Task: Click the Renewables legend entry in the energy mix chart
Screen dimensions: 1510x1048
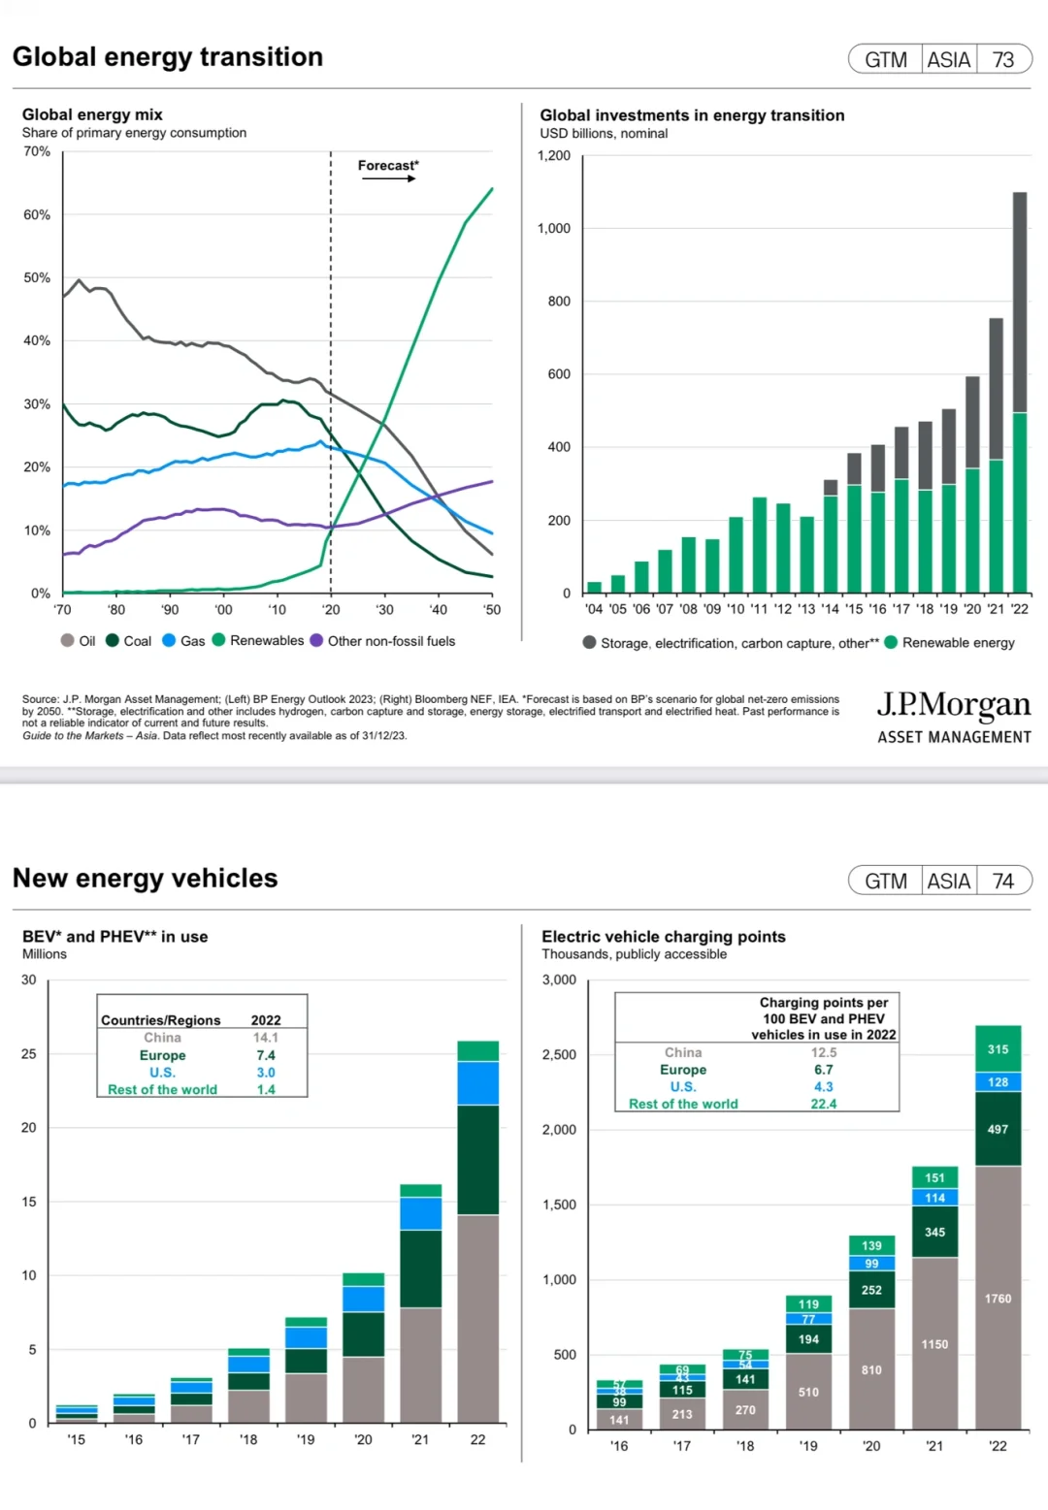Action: pyautogui.click(x=258, y=640)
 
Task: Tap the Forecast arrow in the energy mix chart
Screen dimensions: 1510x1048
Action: pyautogui.click(x=388, y=178)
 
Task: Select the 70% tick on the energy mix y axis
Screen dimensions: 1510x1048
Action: pyautogui.click(x=37, y=151)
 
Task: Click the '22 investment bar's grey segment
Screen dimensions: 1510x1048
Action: pyautogui.click(x=1020, y=303)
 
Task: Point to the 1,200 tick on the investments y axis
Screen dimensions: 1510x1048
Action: pyautogui.click(x=554, y=155)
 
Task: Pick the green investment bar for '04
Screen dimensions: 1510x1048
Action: pyautogui.click(x=594, y=588)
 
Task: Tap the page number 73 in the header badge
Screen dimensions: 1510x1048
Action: pyautogui.click(x=1003, y=60)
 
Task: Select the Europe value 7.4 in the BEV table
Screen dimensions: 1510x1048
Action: pyautogui.click(x=266, y=1055)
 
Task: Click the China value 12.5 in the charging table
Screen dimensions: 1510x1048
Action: pyautogui.click(x=824, y=1052)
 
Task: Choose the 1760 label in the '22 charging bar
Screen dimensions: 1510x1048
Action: pyautogui.click(x=998, y=1299)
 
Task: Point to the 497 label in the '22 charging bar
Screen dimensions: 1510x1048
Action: pyautogui.click(x=998, y=1129)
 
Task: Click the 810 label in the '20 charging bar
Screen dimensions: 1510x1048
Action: pyautogui.click(x=871, y=1370)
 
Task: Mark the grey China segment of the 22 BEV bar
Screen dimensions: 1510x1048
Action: pyautogui.click(x=478, y=1319)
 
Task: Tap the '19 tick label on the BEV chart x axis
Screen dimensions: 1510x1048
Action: pyautogui.click(x=306, y=1439)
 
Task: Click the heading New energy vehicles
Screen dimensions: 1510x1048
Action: pyautogui.click(x=146, y=879)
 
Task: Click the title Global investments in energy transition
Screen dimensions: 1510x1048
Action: pyautogui.click(x=692, y=115)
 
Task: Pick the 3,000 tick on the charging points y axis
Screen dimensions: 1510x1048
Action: pyautogui.click(x=559, y=980)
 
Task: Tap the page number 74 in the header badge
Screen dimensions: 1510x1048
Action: pyautogui.click(x=1003, y=882)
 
